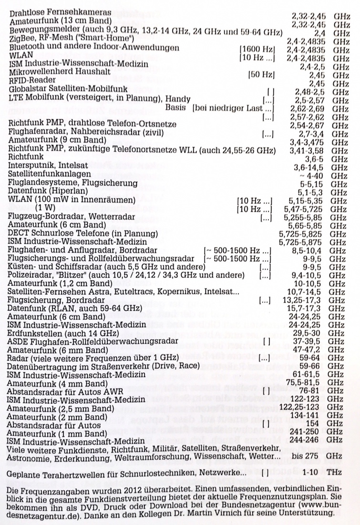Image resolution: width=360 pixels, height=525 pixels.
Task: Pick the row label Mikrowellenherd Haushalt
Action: coord(60,72)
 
